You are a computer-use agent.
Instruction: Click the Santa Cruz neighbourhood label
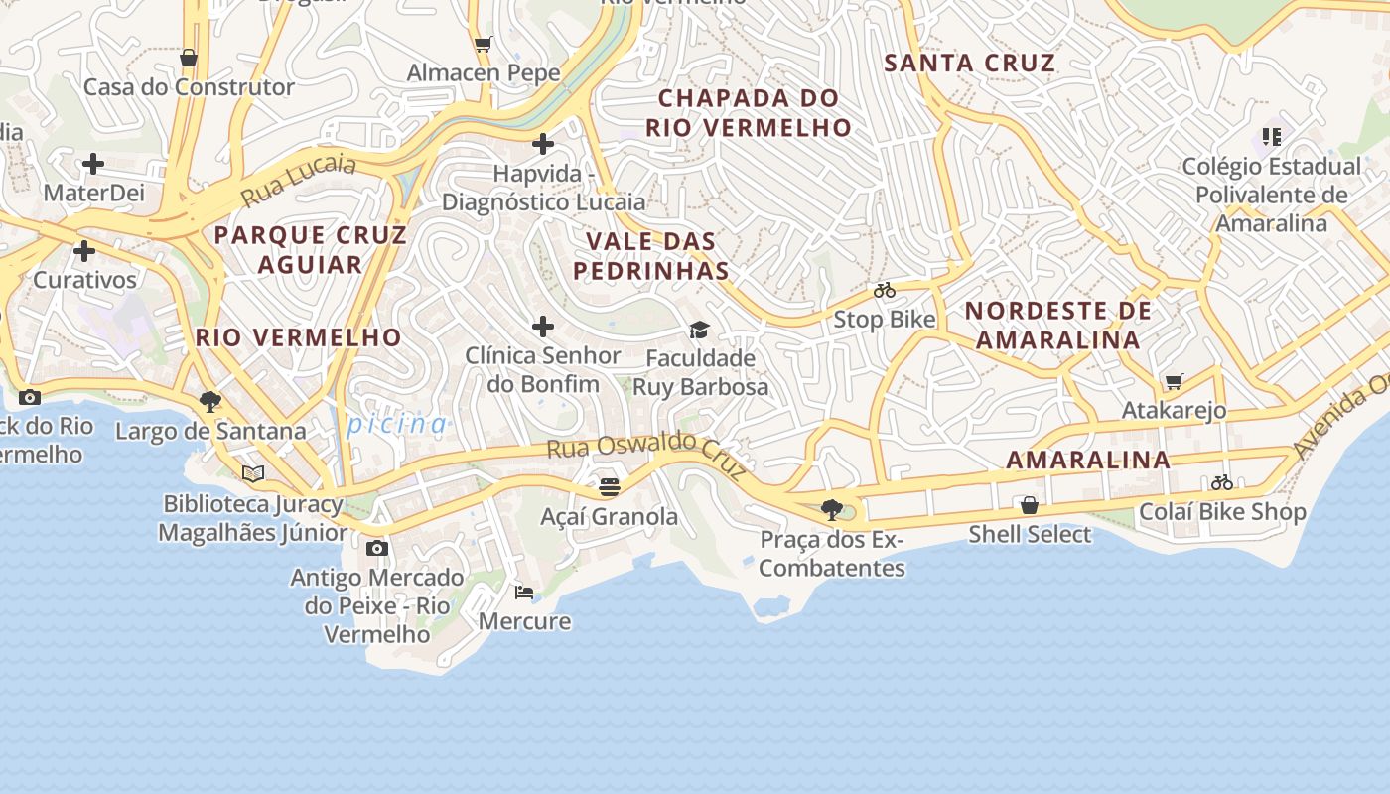[x=969, y=64]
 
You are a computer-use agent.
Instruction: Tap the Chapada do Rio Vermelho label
[x=749, y=113]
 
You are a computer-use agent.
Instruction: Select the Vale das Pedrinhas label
[x=651, y=256]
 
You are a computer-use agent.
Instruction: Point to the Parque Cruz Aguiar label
[x=311, y=249]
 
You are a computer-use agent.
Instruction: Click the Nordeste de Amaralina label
[x=1058, y=326]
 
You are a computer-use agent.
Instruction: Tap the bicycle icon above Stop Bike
[x=885, y=291]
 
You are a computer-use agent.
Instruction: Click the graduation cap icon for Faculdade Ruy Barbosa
[x=700, y=330]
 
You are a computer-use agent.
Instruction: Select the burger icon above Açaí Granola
[x=610, y=487]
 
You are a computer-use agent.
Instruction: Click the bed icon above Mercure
[x=524, y=593]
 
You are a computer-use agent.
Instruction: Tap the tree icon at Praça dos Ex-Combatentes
[x=832, y=510]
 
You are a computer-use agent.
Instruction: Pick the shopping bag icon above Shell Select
[x=1030, y=505]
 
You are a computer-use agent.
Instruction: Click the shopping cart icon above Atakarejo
[x=1174, y=381]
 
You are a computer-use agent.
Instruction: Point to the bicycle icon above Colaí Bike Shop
[x=1221, y=483]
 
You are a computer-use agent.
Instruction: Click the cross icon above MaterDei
[x=93, y=163]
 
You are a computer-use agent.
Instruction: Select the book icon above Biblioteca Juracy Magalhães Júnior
[x=253, y=473]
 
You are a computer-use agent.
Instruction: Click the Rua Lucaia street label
[x=299, y=179]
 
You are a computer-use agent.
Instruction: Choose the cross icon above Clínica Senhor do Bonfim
[x=543, y=327]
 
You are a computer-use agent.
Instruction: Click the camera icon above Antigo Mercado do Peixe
[x=376, y=549]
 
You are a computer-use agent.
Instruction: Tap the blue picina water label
[x=396, y=425]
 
